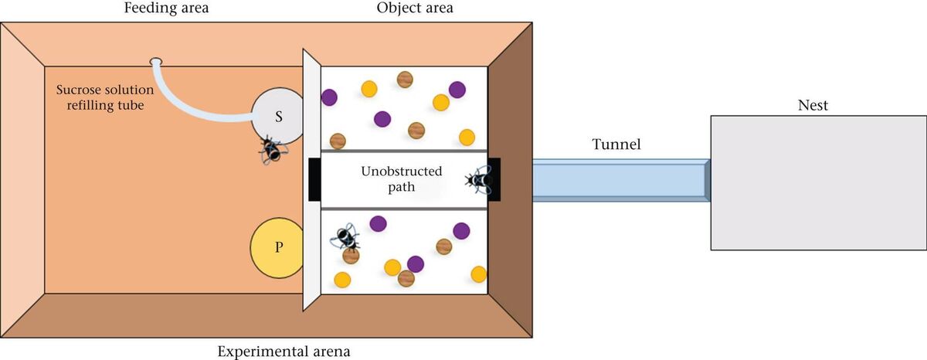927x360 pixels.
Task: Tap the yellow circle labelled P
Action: coord(278,248)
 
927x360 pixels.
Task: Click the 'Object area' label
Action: coord(415,8)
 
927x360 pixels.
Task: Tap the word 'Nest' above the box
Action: coord(813,105)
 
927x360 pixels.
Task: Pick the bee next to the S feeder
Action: coord(271,150)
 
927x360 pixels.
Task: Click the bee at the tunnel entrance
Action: coord(478,181)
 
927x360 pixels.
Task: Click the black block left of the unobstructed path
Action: coord(314,179)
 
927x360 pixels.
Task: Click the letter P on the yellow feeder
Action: coord(278,248)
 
